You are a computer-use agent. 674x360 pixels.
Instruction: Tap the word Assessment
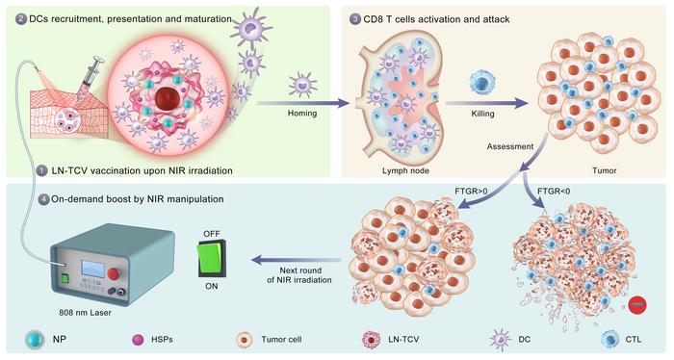491,149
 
